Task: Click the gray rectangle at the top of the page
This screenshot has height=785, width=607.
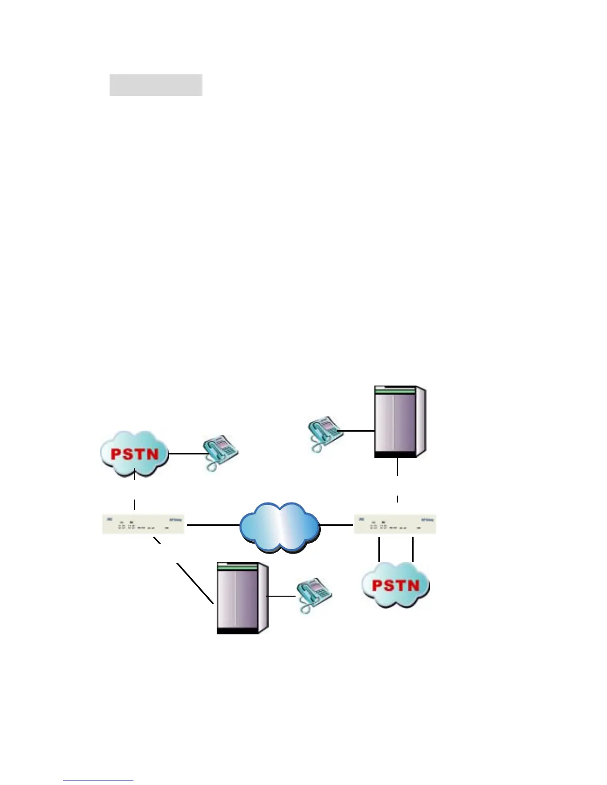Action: tap(156, 85)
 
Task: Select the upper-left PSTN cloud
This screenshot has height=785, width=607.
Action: tap(134, 453)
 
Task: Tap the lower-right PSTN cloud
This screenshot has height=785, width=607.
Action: tap(396, 585)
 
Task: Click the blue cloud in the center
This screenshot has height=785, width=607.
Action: tap(279, 526)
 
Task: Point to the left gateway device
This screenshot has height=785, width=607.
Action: tap(143, 524)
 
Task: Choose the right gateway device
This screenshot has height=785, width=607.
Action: tap(395, 524)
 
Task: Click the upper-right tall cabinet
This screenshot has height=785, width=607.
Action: tap(399, 421)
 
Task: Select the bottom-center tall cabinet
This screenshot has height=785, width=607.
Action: tap(242, 598)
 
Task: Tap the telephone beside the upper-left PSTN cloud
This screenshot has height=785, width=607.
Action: tap(221, 452)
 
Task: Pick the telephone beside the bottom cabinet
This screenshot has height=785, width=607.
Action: tap(314, 595)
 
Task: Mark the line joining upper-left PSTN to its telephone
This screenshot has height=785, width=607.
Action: tap(186, 453)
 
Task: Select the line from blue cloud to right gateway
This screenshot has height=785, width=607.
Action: tap(336, 524)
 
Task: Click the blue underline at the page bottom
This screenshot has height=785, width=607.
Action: tap(98, 781)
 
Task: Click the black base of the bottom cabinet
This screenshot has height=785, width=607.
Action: tap(238, 631)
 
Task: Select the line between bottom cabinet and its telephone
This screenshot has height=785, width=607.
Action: tap(281, 596)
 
